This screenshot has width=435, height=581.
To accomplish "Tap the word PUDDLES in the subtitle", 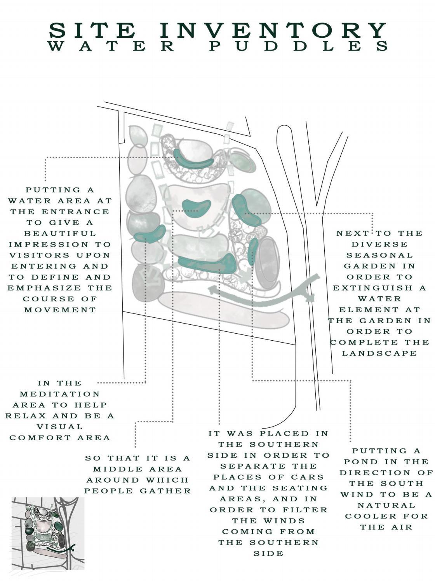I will [299, 46].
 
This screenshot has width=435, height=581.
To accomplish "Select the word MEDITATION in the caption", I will [60, 394].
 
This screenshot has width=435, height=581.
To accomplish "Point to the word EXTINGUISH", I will [379, 288].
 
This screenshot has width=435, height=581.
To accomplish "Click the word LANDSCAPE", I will [379, 353].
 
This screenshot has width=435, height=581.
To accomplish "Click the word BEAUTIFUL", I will [60, 234].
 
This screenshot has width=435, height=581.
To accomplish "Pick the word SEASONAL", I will [379, 255].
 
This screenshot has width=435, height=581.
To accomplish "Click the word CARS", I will [307, 477].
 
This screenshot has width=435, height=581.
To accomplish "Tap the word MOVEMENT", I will [60, 310].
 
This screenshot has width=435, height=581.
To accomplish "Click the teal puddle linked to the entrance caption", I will [193, 160].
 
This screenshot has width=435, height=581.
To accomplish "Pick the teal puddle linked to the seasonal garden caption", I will [246, 210].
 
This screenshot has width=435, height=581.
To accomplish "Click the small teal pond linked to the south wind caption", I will [253, 251].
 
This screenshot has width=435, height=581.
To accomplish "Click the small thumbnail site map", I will [48, 533].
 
